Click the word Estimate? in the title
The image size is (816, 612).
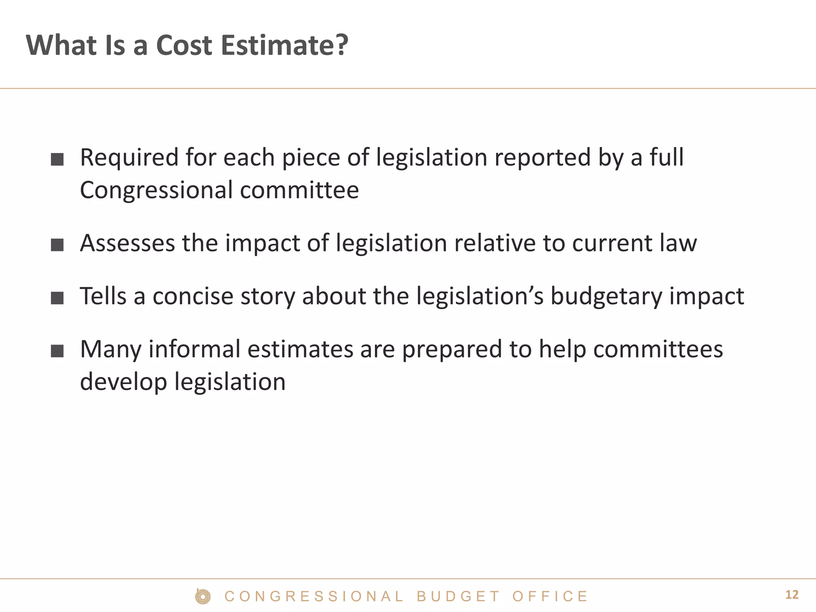tap(284, 45)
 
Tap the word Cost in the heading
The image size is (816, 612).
tap(184, 45)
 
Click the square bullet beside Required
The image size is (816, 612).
tap(57, 159)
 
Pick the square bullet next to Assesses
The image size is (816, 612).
tap(57, 245)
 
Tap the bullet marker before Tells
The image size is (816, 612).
tap(57, 298)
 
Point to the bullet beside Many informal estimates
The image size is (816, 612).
tap(57, 351)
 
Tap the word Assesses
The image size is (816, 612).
tap(127, 243)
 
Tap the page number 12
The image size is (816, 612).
tap(792, 595)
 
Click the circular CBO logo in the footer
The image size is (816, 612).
tap(203, 596)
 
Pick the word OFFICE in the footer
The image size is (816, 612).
tap(550, 596)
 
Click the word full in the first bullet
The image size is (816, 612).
tap(667, 157)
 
